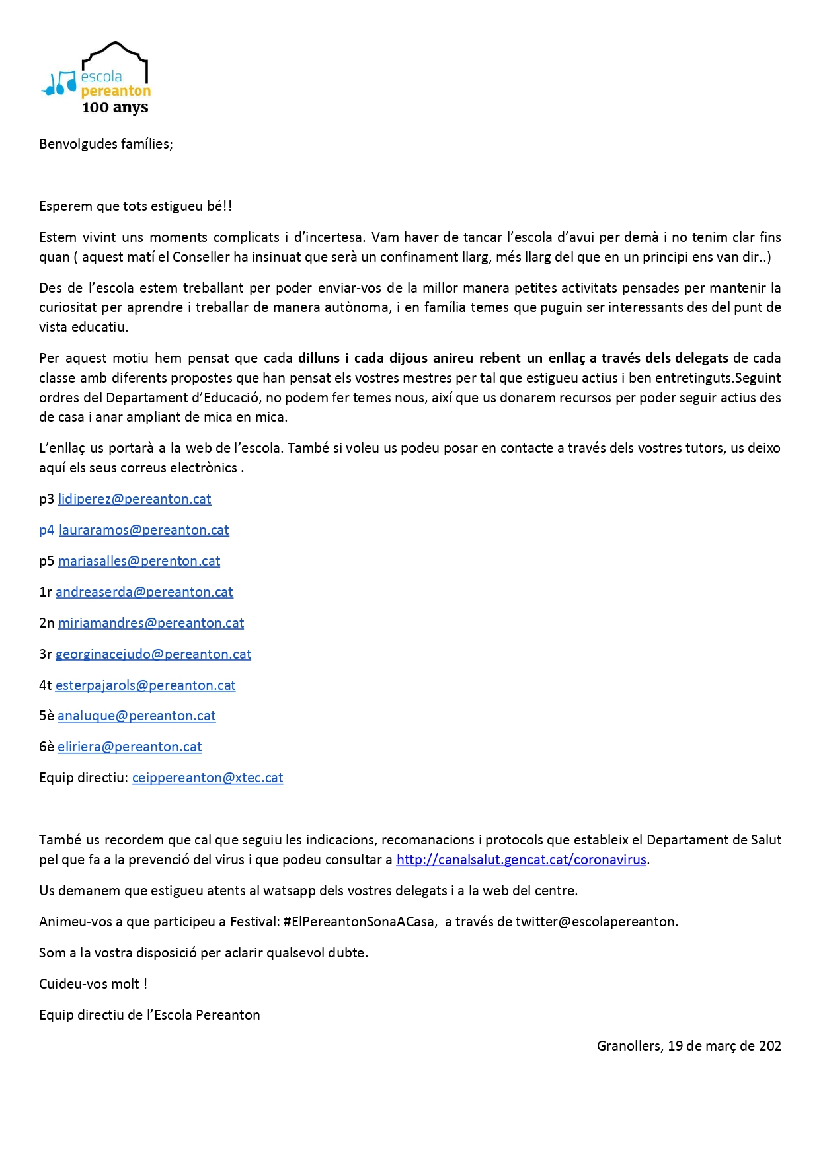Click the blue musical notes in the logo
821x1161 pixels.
[x=59, y=83]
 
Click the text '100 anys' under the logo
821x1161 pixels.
[x=115, y=107]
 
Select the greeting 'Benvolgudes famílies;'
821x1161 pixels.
[x=106, y=144]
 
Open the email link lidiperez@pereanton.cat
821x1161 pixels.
[x=135, y=499]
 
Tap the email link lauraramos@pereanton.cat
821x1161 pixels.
[x=144, y=530]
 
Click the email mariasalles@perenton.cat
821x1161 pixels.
[x=139, y=561]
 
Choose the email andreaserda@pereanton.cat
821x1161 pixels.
[x=144, y=592]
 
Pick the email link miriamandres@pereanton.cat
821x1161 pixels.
[x=151, y=623]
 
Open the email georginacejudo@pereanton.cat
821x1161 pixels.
[x=153, y=654]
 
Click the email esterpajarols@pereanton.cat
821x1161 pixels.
[x=145, y=685]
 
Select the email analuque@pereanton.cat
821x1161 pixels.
[x=137, y=716]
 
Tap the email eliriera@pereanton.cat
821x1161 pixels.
[x=130, y=747]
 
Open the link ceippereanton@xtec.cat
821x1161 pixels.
[x=208, y=778]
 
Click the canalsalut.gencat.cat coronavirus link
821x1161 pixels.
[x=521, y=860]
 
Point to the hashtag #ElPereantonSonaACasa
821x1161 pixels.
[x=359, y=922]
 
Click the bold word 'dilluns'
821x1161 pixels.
[x=319, y=358]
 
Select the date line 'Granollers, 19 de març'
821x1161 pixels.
[x=689, y=1046]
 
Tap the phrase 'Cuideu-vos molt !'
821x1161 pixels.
[x=93, y=984]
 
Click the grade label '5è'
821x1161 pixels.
[x=46, y=716]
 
